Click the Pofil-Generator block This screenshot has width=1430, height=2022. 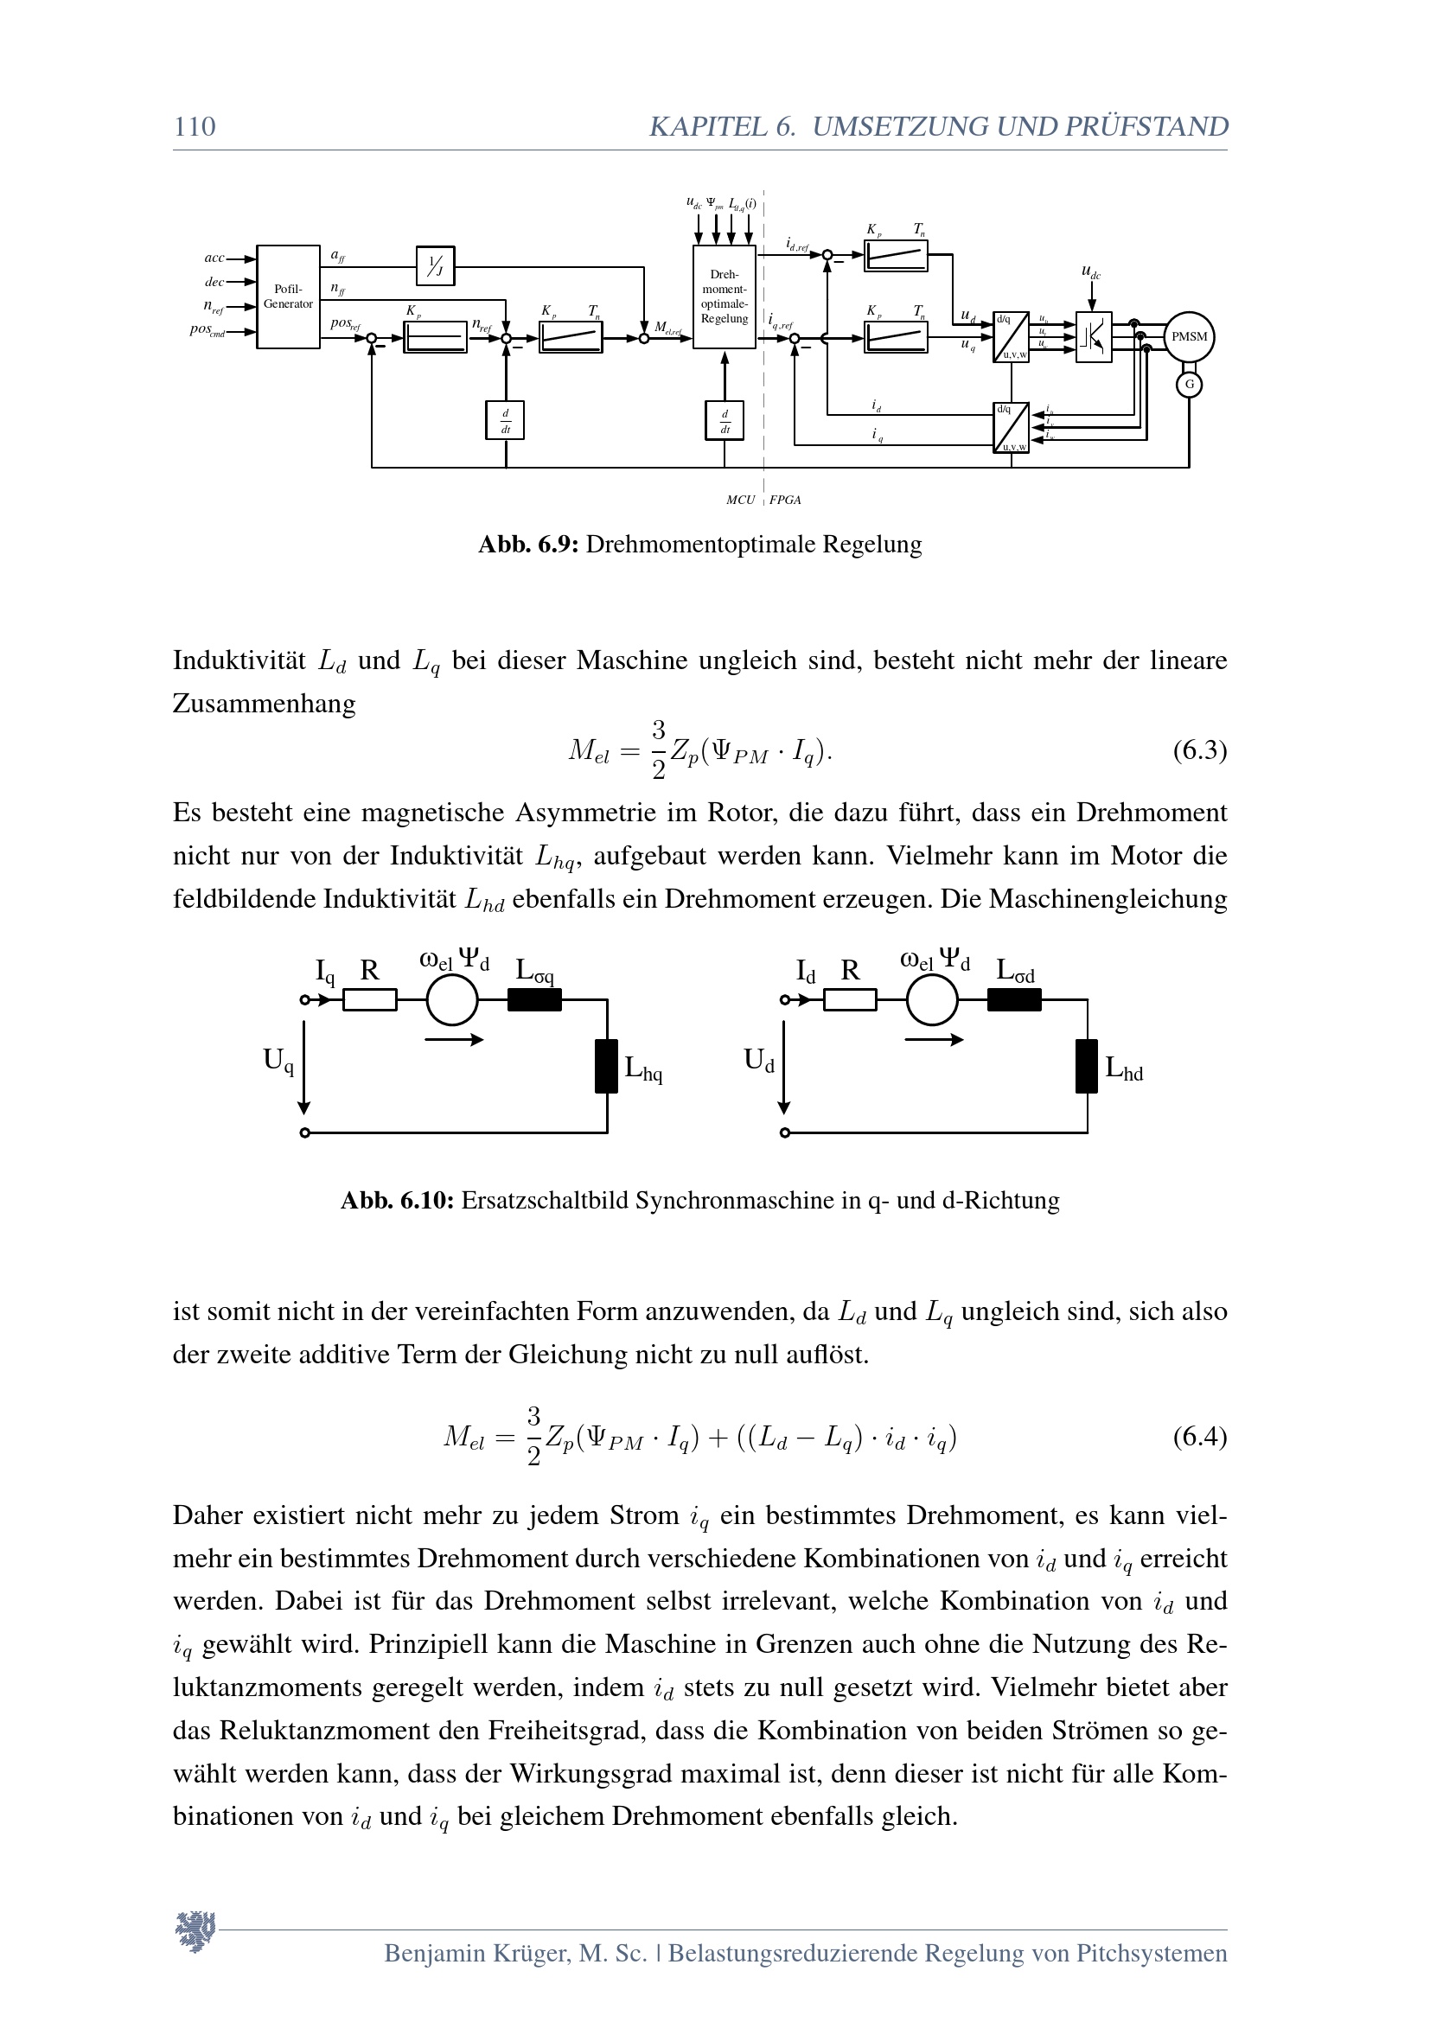(x=288, y=297)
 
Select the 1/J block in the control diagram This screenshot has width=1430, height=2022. (x=435, y=265)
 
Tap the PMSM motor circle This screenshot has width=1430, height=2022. (x=1189, y=336)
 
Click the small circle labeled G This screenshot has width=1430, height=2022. (x=1190, y=384)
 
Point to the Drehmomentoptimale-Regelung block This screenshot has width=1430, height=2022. (x=724, y=297)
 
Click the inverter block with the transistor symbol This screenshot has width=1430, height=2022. (x=1094, y=336)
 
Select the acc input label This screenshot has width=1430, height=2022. (x=214, y=258)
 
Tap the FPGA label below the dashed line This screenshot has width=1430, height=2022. (x=784, y=501)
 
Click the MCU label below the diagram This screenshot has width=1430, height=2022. (x=741, y=501)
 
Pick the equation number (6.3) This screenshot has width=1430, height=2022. (x=1199, y=750)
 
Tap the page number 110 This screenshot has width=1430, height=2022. (x=195, y=127)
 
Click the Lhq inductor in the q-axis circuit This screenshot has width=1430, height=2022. (x=607, y=1066)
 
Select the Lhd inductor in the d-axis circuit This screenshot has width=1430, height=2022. (x=1087, y=1066)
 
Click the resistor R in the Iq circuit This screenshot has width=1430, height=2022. (x=370, y=1000)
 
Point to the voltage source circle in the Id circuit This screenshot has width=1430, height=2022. (x=932, y=1000)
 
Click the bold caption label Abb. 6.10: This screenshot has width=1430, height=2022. (x=397, y=1201)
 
